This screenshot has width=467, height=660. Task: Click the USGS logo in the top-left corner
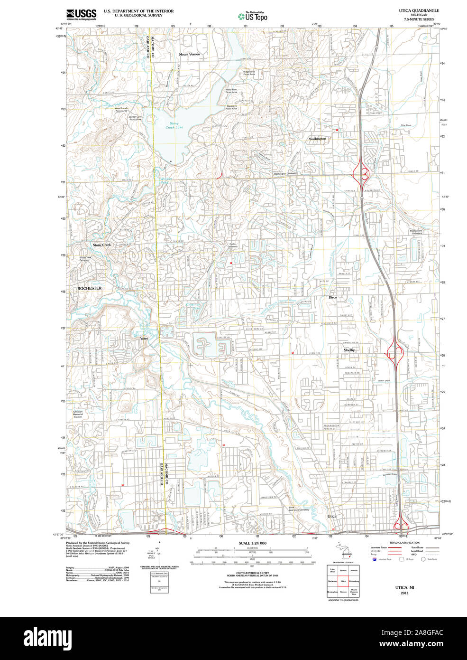(81, 14)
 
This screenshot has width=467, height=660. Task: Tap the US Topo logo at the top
(253, 16)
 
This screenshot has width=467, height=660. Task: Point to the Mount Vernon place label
(189, 55)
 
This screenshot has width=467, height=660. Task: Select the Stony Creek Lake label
(174, 125)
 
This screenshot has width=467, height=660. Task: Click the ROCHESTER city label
(89, 288)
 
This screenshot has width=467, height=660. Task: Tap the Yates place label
(144, 339)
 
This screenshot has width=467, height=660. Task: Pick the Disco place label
(332, 297)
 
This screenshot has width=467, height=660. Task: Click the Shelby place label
(349, 350)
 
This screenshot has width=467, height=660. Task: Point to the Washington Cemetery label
(285, 174)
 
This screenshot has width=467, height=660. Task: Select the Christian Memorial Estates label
(78, 414)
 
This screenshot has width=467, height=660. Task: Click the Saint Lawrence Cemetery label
(299, 510)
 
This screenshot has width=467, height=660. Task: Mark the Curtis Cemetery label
(232, 245)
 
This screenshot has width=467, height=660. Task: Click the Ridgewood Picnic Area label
(249, 73)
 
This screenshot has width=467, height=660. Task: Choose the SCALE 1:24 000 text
(252, 543)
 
